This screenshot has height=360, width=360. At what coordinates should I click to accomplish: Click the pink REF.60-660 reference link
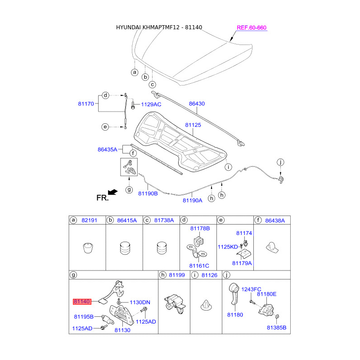coord(252,28)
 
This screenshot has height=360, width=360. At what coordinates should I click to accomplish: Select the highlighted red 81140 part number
coord(82,301)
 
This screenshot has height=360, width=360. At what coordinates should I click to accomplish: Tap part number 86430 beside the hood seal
coord(197,103)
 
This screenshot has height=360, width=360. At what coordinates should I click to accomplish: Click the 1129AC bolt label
coord(151,104)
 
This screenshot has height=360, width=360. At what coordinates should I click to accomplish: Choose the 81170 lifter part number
coord(85,103)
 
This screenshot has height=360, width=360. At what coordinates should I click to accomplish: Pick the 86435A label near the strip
coord(107,149)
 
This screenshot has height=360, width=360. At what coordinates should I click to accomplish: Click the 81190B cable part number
coord(148,193)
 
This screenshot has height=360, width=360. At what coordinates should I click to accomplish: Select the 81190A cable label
coord(192,201)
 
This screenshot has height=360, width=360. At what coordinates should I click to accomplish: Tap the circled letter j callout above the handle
coord(280,162)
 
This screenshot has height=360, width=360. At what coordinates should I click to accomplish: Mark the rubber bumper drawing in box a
coord(87,248)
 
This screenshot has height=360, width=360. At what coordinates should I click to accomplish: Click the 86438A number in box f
coord(275,220)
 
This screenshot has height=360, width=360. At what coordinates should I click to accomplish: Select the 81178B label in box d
coord(200,229)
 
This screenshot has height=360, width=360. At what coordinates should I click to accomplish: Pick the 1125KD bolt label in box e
coord(228,247)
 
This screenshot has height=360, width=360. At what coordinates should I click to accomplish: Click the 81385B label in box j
coord(276,328)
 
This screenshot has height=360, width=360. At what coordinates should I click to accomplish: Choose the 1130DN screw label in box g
coord(140,302)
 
